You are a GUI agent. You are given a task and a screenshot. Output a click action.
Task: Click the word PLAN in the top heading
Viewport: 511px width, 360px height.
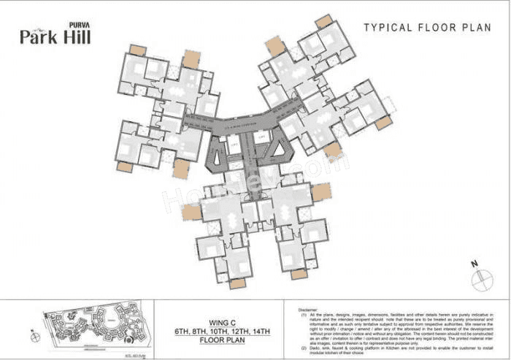click(x=475, y=28)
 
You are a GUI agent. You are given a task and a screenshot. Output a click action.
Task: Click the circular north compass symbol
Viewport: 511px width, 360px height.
click(x=483, y=280)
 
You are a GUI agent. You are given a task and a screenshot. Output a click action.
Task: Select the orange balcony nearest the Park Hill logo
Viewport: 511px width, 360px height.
click(x=137, y=50)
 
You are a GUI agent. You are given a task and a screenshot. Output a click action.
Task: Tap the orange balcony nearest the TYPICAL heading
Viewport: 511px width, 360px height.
click(x=323, y=21)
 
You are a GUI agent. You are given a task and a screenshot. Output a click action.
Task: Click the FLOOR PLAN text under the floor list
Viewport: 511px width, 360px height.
click(x=220, y=340)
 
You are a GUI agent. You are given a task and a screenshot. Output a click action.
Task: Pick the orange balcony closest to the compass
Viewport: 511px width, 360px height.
click(x=299, y=274)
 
